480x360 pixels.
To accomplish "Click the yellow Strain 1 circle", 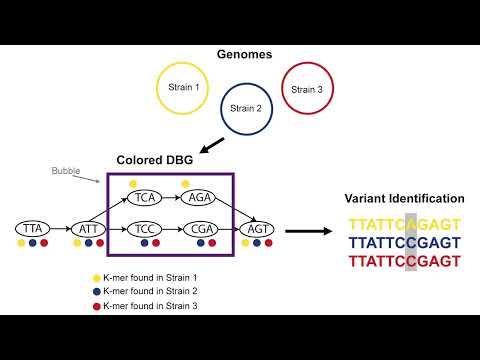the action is coord(187,88).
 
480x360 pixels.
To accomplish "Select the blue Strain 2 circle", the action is coord(245,107).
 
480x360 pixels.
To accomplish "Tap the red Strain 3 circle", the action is coord(307,89).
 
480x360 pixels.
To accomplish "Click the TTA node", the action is coord(33,229).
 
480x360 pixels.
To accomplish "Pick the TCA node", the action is coord(145,197).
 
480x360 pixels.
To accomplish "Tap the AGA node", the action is coord(200,197).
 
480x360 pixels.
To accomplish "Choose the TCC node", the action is coord(145,229).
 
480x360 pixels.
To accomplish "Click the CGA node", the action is coord(200,229).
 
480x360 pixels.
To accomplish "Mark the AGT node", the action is coord(255,229).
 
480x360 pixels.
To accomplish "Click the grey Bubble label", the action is coord(67,170).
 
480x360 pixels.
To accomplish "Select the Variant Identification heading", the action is coord(404,199).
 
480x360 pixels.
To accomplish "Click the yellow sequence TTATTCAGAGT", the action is coord(405,224).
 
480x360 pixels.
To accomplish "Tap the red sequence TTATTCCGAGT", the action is coord(405,261).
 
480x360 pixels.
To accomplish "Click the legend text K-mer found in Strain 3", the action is coord(150,305).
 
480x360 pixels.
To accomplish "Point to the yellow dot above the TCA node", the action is coord(132,183).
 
